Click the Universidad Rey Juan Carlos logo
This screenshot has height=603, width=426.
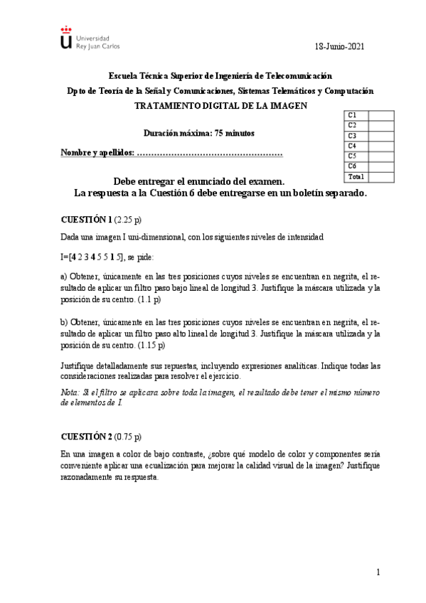pos(90,38)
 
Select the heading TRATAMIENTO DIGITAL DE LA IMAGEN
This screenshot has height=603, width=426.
pos(220,105)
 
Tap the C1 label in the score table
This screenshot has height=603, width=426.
pos(353,115)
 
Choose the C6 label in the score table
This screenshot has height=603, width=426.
pos(353,166)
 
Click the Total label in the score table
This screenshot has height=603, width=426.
pos(356,176)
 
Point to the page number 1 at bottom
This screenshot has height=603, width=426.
pos(379,572)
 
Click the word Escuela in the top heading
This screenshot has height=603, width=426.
pos(123,76)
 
